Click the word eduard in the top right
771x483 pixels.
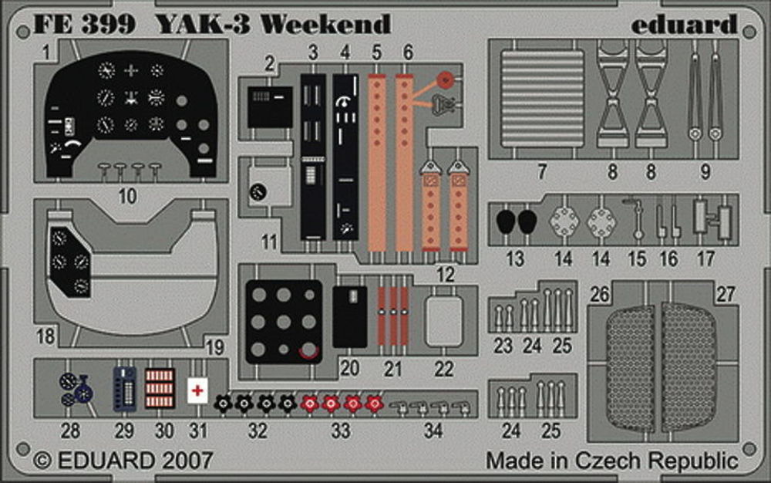684,24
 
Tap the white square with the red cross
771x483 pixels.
197,391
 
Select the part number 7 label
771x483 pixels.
542,171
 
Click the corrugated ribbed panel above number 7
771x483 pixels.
542,98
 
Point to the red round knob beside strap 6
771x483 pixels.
446,78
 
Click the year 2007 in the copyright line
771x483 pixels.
187,461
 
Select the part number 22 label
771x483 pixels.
443,369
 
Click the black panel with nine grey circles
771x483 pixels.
284,322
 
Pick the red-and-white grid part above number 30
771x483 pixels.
160,388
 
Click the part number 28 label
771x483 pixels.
70,431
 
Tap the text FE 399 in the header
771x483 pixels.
84,24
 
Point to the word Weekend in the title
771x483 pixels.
325,24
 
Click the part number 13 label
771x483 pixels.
515,258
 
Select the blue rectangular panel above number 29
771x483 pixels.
125,389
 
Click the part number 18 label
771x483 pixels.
45,336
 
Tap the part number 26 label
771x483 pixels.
600,295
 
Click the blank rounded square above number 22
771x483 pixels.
444,321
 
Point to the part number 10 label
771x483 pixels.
127,196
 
